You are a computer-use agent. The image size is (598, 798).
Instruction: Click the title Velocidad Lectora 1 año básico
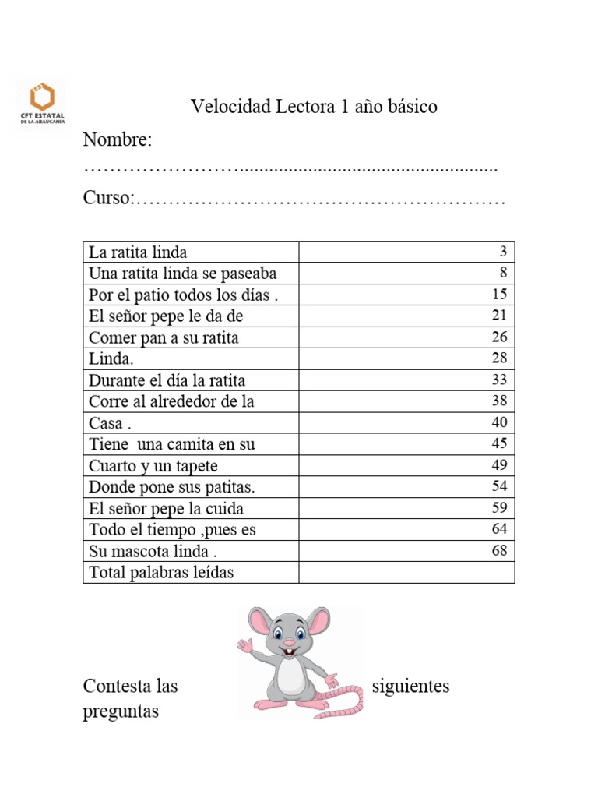coord(314,107)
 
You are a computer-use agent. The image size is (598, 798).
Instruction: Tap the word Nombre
coord(117,141)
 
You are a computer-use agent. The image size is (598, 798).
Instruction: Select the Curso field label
coord(108,199)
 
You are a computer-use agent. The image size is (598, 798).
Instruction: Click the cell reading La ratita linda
coord(138,252)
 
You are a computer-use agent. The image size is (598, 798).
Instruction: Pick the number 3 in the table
coord(503,252)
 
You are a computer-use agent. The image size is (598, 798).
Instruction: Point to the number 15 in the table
coord(499,295)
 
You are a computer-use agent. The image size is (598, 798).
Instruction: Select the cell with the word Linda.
coord(111,359)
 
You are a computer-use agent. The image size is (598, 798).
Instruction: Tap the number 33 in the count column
coord(499,380)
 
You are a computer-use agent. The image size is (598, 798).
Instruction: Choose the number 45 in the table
coord(499,444)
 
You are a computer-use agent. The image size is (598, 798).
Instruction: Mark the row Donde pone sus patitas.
coord(172,487)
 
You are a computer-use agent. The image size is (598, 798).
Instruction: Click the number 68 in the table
coord(499,551)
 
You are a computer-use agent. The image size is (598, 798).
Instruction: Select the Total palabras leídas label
coord(161,573)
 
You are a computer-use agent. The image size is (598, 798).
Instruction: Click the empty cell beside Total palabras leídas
coord(406,573)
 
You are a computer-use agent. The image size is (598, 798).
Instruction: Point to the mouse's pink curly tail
coord(346,702)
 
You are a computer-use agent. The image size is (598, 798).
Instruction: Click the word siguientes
coord(410,687)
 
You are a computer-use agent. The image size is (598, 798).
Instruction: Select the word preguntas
coord(121,711)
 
